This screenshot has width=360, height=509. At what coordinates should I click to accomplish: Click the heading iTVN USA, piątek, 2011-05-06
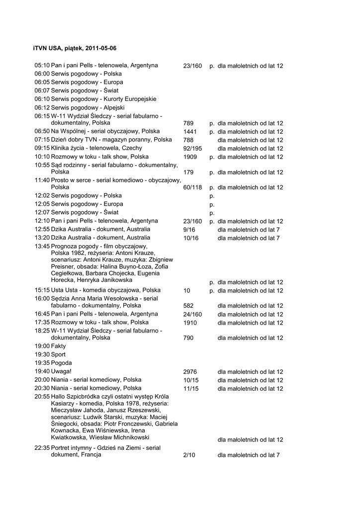(x=75, y=48)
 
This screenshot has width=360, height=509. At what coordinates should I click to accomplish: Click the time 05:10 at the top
(x=42, y=65)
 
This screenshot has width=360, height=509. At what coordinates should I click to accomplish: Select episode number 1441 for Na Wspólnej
(x=190, y=132)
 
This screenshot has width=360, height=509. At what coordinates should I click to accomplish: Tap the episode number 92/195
(x=192, y=149)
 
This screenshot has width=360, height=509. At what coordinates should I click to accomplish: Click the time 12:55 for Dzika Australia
(x=42, y=229)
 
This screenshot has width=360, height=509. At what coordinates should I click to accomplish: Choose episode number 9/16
(x=189, y=230)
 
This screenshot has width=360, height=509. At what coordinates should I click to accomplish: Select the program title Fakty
(x=58, y=346)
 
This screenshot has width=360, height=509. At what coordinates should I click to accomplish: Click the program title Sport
(x=58, y=354)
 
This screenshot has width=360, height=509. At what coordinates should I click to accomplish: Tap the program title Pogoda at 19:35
(x=62, y=363)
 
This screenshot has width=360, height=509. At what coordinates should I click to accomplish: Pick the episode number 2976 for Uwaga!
(x=190, y=372)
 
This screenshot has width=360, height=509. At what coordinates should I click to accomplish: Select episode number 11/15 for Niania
(x=191, y=389)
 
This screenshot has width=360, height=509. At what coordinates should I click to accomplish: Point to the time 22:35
(x=42, y=448)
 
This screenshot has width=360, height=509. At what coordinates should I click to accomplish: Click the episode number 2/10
(x=189, y=455)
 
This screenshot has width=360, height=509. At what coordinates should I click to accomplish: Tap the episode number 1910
(x=190, y=323)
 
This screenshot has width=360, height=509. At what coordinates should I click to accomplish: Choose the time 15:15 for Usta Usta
(x=42, y=290)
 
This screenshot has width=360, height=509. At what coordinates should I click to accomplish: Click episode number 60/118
(x=192, y=188)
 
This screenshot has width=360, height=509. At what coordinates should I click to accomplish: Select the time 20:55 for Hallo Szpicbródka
(x=42, y=397)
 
